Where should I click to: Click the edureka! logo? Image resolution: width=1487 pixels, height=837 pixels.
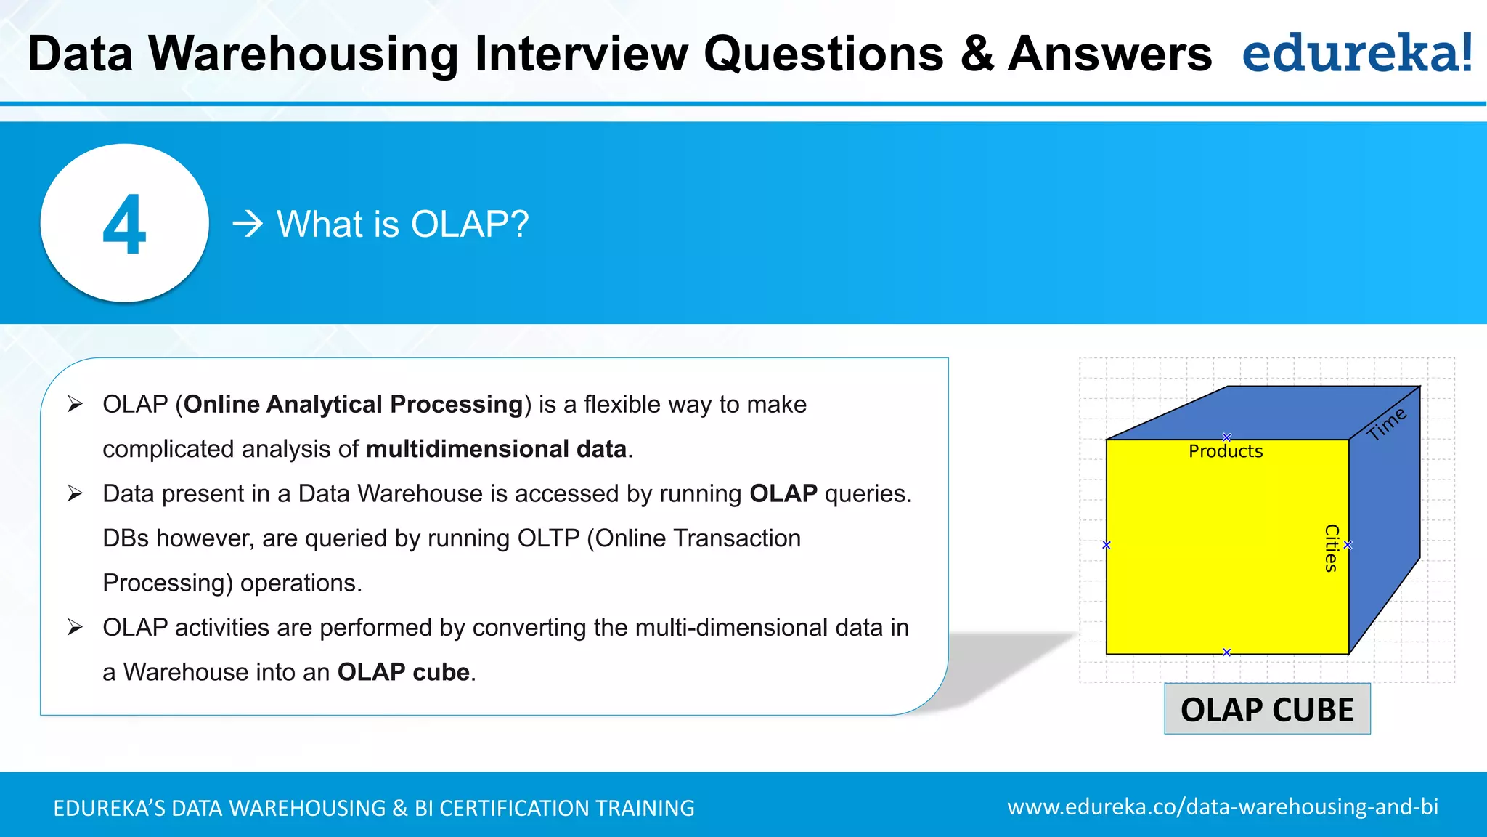(x=1356, y=54)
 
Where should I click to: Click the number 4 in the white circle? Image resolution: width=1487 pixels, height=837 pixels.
(x=124, y=225)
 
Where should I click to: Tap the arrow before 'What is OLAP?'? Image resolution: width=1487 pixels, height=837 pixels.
(x=247, y=224)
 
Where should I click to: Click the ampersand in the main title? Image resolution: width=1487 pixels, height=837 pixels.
(x=977, y=54)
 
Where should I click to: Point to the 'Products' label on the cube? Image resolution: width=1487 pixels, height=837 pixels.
(x=1225, y=451)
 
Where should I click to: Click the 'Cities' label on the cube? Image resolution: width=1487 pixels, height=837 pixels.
(x=1331, y=548)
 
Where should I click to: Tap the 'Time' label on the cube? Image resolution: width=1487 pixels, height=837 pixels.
(x=1386, y=424)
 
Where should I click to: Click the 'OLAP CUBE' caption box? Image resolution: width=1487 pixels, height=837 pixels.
(x=1267, y=709)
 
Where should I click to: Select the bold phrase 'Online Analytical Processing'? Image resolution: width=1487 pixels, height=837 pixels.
(x=353, y=404)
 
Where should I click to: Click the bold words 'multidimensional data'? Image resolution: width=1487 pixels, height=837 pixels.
(x=496, y=449)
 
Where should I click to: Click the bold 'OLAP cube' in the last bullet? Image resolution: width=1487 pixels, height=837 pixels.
(x=403, y=672)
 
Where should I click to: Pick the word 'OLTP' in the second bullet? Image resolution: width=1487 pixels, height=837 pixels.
(x=548, y=538)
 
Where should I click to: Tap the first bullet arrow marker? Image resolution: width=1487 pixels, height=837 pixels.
(x=75, y=404)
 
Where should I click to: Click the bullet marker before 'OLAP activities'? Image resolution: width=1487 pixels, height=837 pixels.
(x=75, y=627)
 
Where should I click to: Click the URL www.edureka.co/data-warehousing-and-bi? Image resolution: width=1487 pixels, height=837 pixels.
(x=1223, y=806)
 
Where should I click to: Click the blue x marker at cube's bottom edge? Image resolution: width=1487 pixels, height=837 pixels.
(x=1226, y=652)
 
